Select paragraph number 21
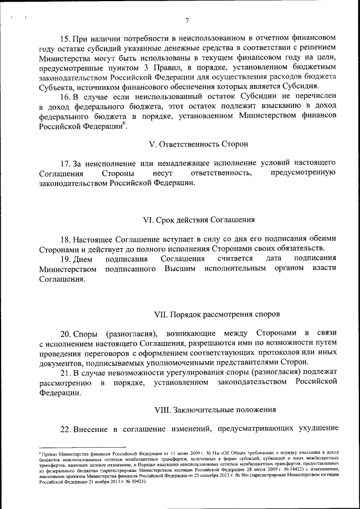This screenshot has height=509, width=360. click(x=66, y=373)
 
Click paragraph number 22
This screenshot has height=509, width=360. click(x=66, y=429)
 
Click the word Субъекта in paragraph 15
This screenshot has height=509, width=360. click(x=56, y=87)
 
